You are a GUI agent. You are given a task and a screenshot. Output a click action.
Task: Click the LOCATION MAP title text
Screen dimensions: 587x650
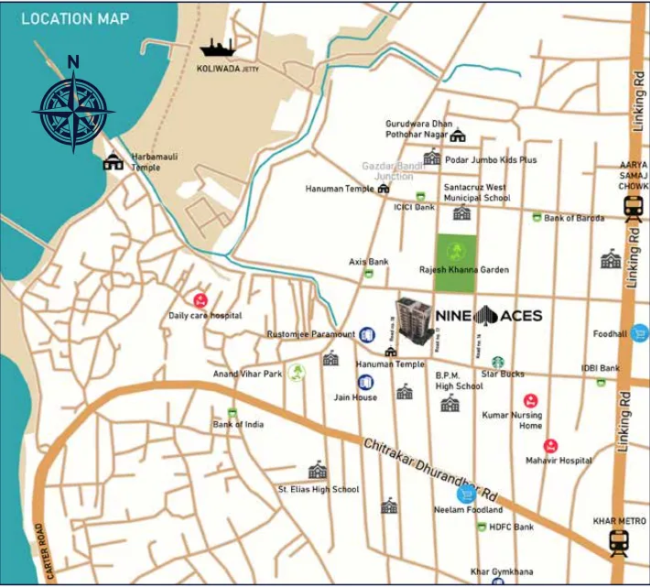pyautogui.click(x=75, y=18)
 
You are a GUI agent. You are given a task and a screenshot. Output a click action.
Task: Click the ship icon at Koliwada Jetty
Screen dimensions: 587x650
pyautogui.click(x=217, y=49)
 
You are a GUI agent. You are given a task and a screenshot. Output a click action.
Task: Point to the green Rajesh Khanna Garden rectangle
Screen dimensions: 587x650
pyautogui.click(x=455, y=265)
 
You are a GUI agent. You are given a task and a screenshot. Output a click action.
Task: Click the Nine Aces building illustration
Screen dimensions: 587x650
pyautogui.click(x=415, y=323)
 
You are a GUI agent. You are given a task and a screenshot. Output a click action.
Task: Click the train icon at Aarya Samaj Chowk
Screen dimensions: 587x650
pyautogui.click(x=632, y=210)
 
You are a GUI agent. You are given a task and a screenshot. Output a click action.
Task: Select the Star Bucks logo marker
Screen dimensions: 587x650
pyautogui.click(x=498, y=362)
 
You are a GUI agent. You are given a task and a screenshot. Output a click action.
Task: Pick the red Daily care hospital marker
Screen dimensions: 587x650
pyautogui.click(x=200, y=299)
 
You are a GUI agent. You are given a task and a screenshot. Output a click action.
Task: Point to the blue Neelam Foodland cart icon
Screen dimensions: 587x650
pyautogui.click(x=465, y=494)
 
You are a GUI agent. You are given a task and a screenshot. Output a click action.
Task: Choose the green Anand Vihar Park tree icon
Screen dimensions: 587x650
pyautogui.click(x=296, y=372)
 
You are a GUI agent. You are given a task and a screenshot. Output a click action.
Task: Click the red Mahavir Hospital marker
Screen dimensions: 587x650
pyautogui.click(x=550, y=446)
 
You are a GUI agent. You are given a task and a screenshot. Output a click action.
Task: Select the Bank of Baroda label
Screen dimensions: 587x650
pyautogui.click(x=574, y=218)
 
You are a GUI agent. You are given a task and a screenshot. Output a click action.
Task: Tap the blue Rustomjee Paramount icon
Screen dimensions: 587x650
pyautogui.click(x=366, y=334)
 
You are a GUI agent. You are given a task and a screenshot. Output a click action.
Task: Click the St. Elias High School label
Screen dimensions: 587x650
pyautogui.click(x=319, y=490)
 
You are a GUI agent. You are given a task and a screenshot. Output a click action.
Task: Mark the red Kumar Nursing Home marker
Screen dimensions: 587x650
pyautogui.click(x=530, y=400)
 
